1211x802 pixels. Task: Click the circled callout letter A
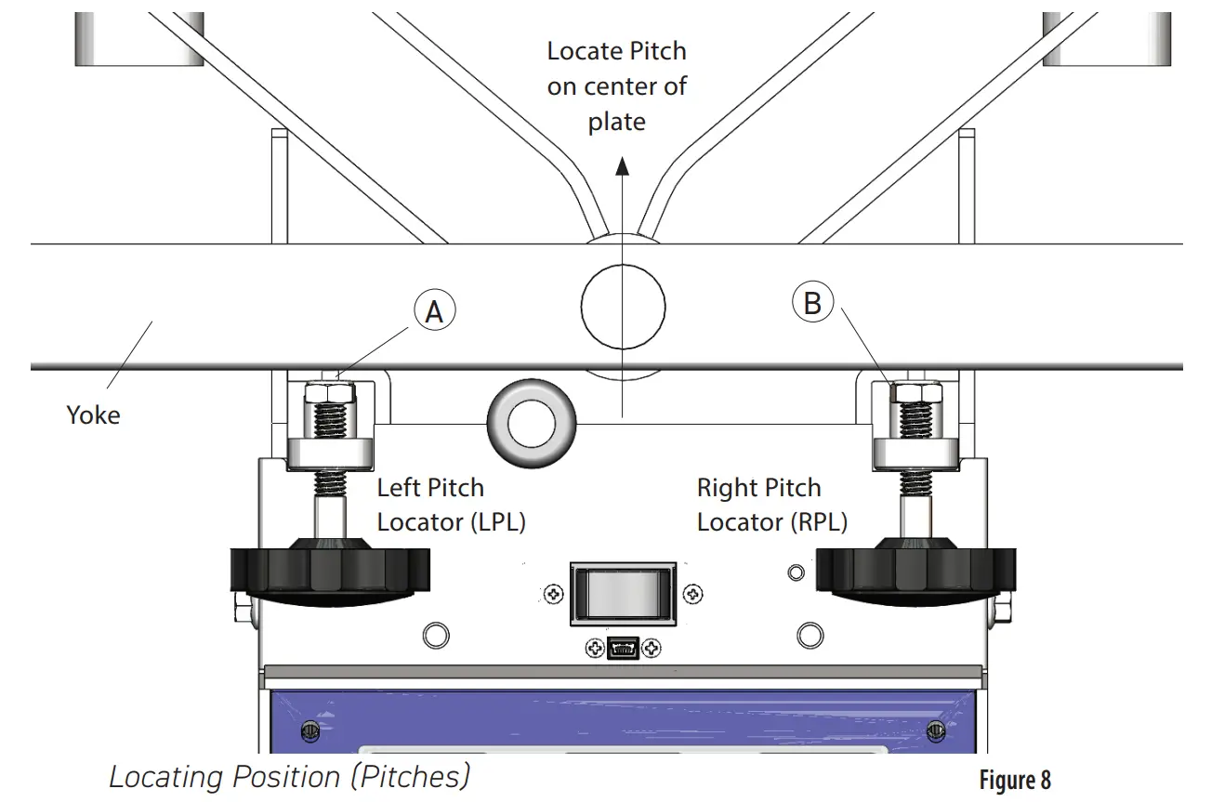(x=434, y=313)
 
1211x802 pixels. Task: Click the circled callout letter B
(x=811, y=303)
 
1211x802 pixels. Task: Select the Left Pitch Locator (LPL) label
(x=451, y=505)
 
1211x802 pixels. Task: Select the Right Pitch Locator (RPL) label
(x=771, y=505)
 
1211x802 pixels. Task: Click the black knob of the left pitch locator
(x=329, y=571)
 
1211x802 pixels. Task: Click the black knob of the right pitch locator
(x=915, y=571)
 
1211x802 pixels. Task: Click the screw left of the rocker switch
(x=552, y=592)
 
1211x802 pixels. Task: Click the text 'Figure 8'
(x=1014, y=780)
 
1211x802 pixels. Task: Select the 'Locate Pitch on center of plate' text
(x=617, y=85)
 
